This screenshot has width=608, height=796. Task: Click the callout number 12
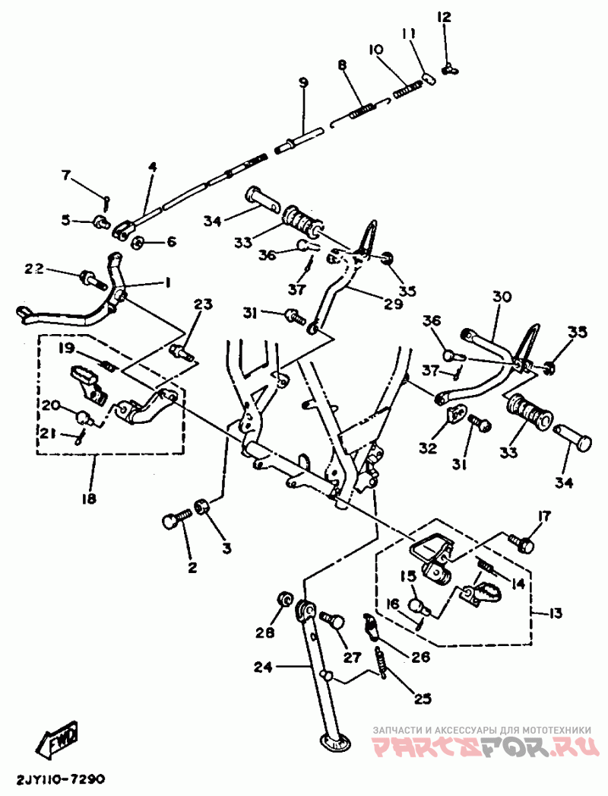tap(444, 16)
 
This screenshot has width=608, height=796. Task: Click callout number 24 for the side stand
tap(261, 667)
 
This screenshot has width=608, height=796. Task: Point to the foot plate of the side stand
tap(332, 740)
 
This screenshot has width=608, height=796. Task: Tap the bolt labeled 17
tap(521, 543)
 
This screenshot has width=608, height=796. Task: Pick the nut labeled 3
tap(202, 506)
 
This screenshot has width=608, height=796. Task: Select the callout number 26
tap(420, 656)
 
